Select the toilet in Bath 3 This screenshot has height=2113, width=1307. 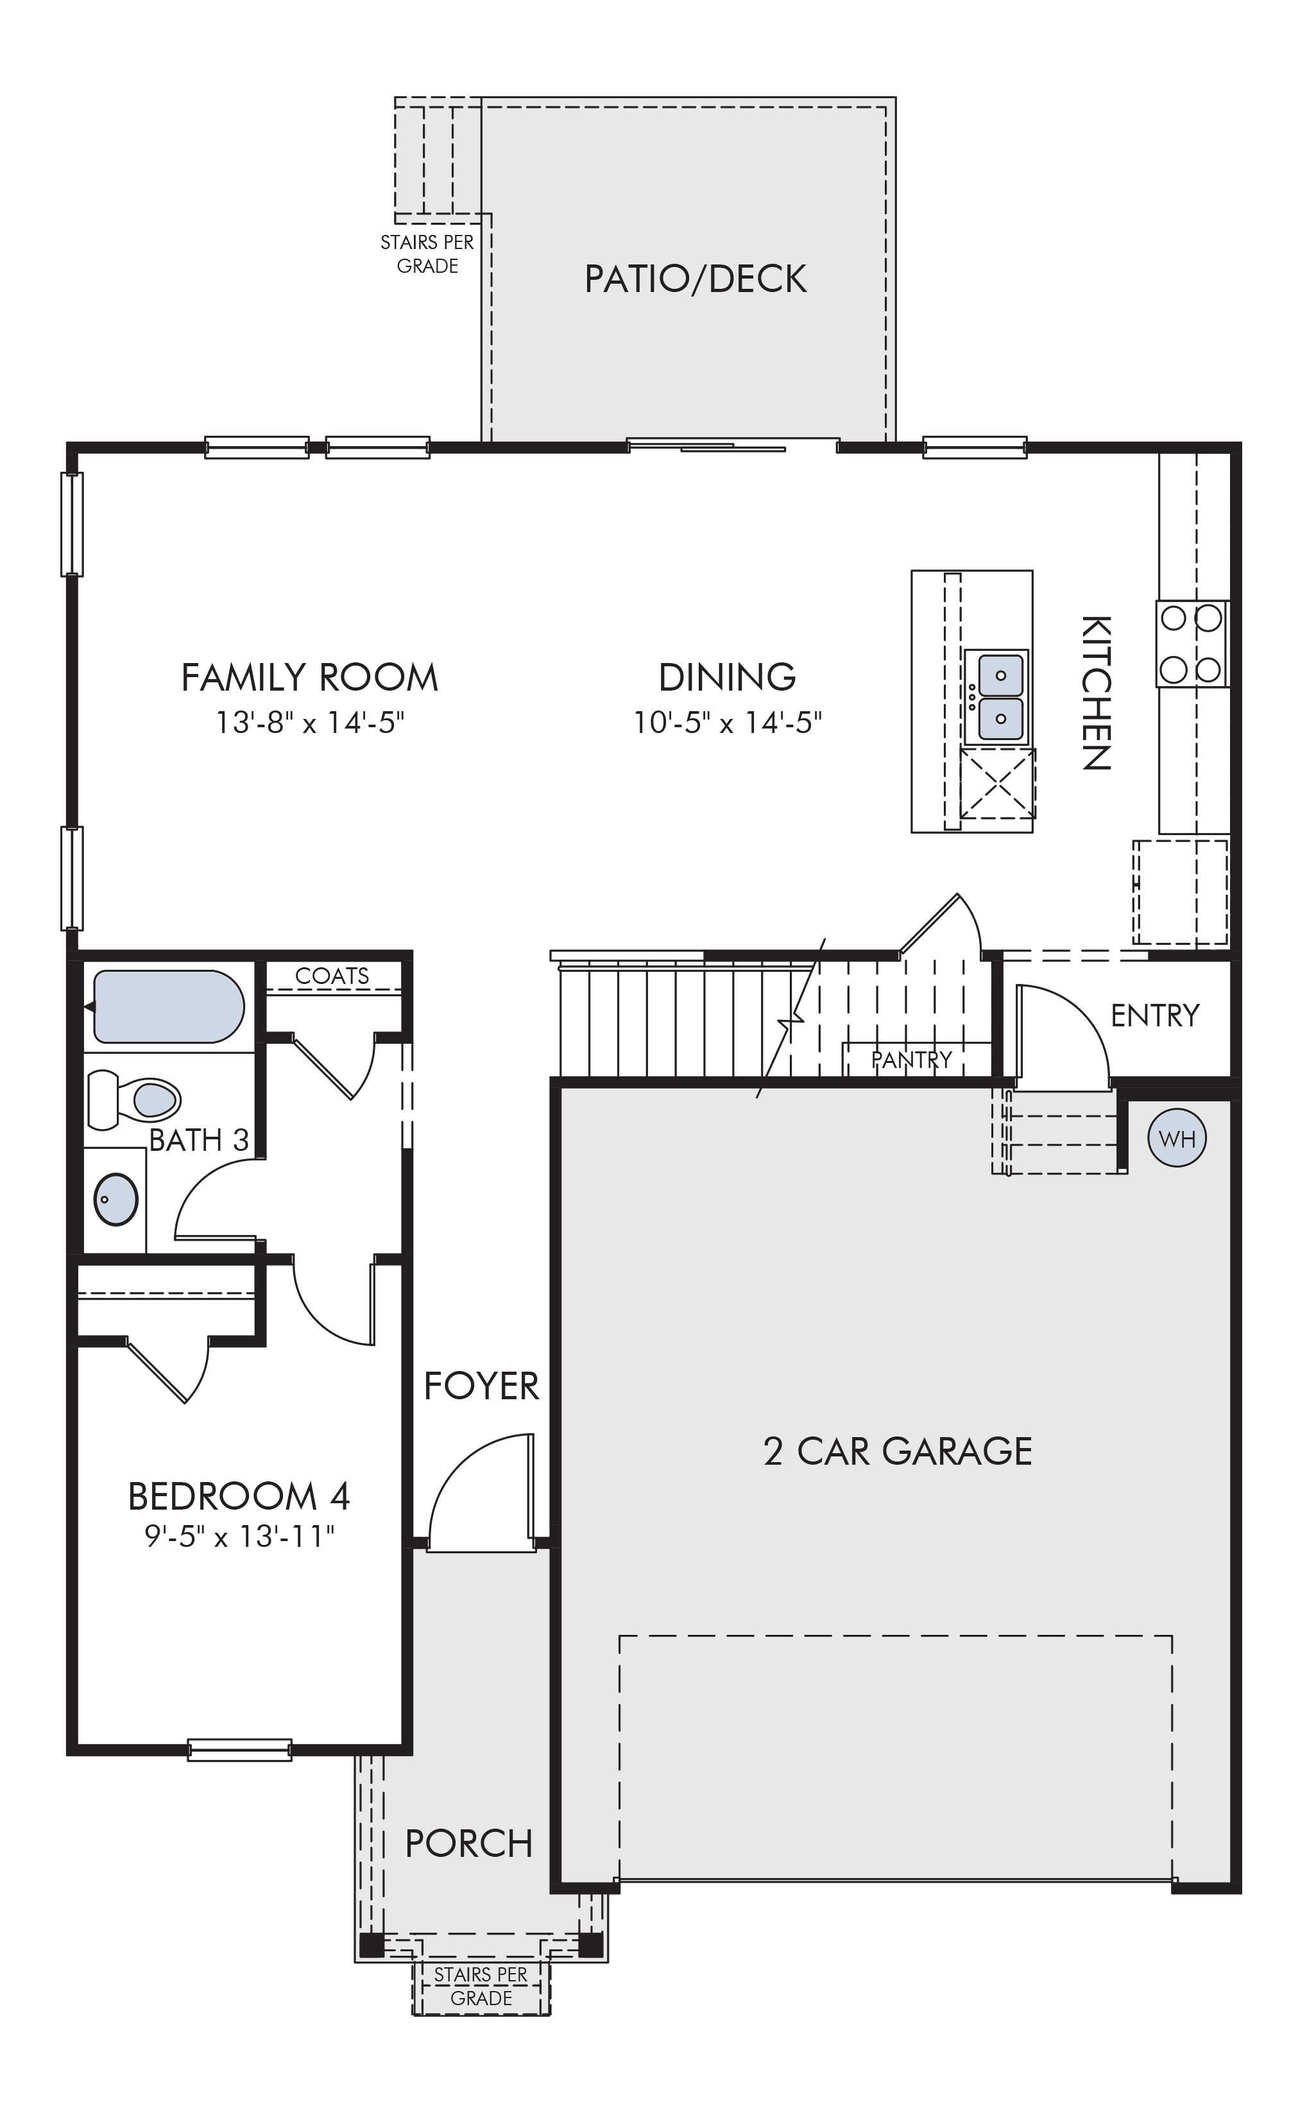tap(134, 1100)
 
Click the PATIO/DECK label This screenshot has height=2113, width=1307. tap(696, 279)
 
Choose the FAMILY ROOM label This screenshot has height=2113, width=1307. tap(309, 677)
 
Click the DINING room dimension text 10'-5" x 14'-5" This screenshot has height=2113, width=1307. tap(727, 722)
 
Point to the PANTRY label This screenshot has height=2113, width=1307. tap(912, 1059)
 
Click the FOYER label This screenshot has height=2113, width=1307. tap(481, 1386)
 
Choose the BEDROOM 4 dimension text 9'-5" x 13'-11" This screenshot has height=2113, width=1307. tap(239, 1537)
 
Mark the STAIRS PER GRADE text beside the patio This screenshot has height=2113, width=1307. tap(427, 254)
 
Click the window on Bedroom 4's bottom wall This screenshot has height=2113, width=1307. tap(239, 1750)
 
